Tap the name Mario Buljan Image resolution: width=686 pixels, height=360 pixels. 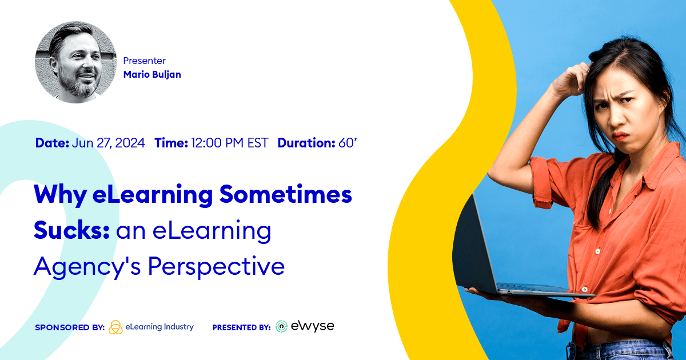pyautogui.click(x=152, y=74)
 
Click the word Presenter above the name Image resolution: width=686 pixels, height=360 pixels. pyautogui.click(x=145, y=61)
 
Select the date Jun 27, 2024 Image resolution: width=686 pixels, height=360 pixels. pyautogui.click(x=109, y=143)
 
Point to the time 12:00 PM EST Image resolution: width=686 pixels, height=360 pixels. pyautogui.click(x=229, y=143)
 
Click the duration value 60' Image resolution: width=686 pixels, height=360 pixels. pyautogui.click(x=348, y=143)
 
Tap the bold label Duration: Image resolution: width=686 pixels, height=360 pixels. pyautogui.click(x=306, y=143)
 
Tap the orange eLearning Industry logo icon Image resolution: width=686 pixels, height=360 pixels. pyautogui.click(x=115, y=327)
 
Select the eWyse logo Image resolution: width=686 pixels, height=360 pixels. pyautogui.click(x=305, y=326)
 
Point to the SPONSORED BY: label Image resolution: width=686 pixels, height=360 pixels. pyautogui.click(x=69, y=327)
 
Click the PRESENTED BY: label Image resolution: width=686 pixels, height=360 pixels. pyautogui.click(x=241, y=327)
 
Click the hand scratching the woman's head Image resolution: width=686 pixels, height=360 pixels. pyautogui.click(x=572, y=80)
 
